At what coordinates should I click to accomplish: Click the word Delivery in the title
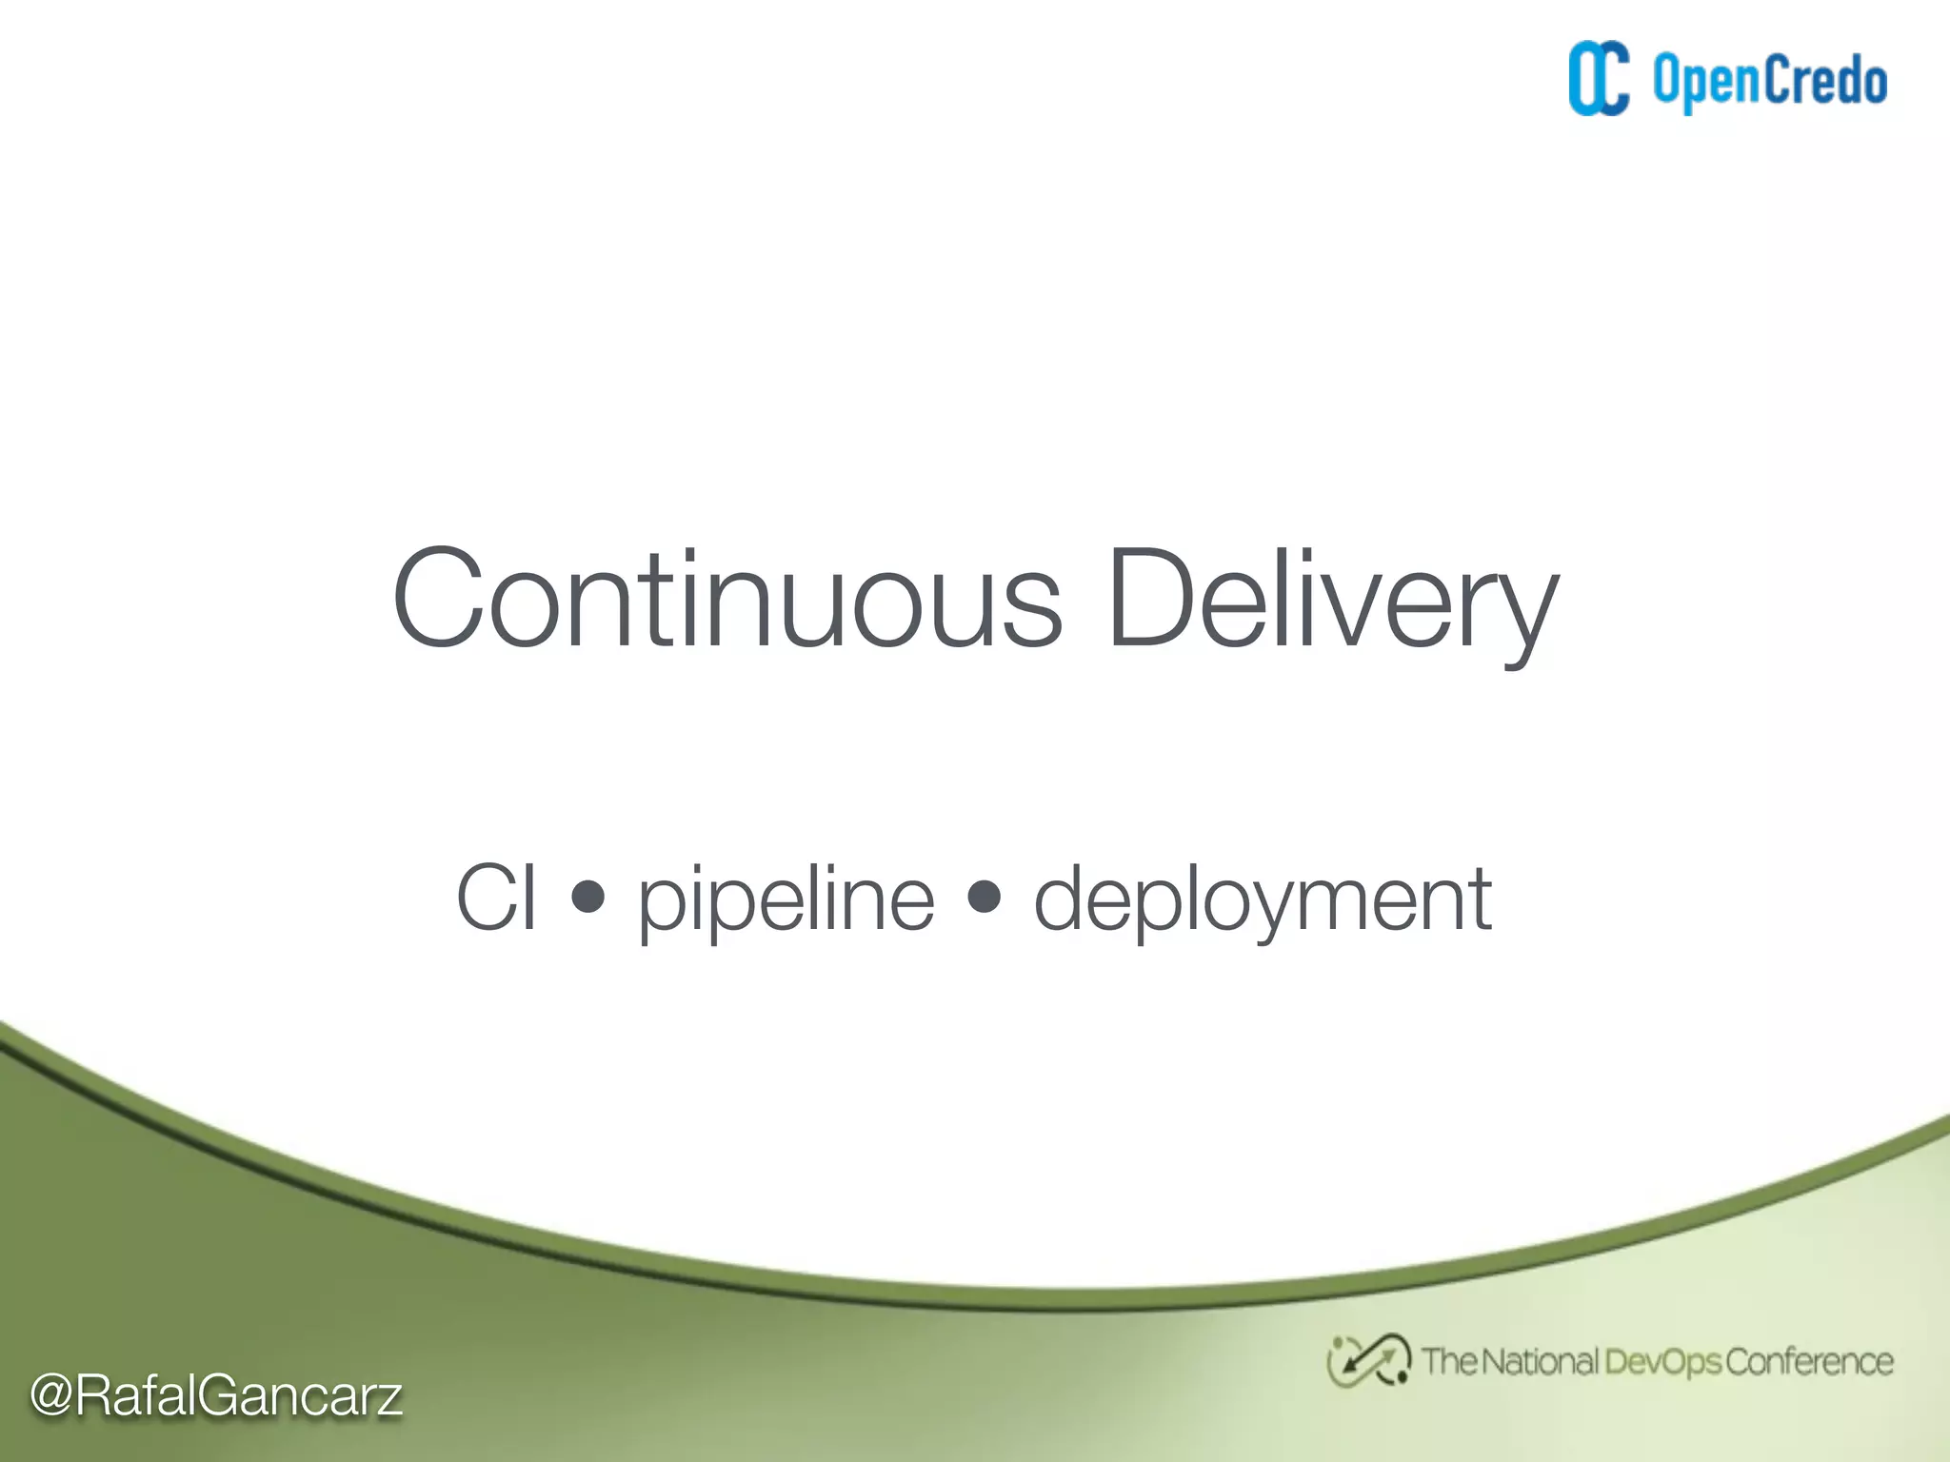pyautogui.click(x=1332, y=600)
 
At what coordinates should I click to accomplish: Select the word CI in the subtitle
pyautogui.click(x=496, y=897)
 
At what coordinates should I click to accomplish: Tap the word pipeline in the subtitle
pyautogui.click(x=786, y=899)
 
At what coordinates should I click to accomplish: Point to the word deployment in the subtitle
pyautogui.click(x=1263, y=899)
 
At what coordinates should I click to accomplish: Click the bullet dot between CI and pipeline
pyautogui.click(x=588, y=896)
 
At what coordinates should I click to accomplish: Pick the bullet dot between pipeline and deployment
pyautogui.click(x=984, y=896)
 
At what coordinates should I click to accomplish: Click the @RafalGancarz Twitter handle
pyautogui.click(x=216, y=1396)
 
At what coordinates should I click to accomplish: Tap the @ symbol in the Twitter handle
pyautogui.click(x=51, y=1396)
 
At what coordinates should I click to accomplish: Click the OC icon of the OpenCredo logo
pyautogui.click(x=1599, y=79)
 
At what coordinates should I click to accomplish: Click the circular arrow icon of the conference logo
pyautogui.click(x=1368, y=1360)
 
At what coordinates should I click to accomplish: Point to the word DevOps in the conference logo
pyautogui.click(x=1662, y=1362)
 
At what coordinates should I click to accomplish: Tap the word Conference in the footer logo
pyautogui.click(x=1808, y=1362)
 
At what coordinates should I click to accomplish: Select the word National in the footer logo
pyautogui.click(x=1539, y=1362)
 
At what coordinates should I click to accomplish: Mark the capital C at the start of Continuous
pyautogui.click(x=437, y=600)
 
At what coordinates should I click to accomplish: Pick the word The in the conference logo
pyautogui.click(x=1449, y=1362)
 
